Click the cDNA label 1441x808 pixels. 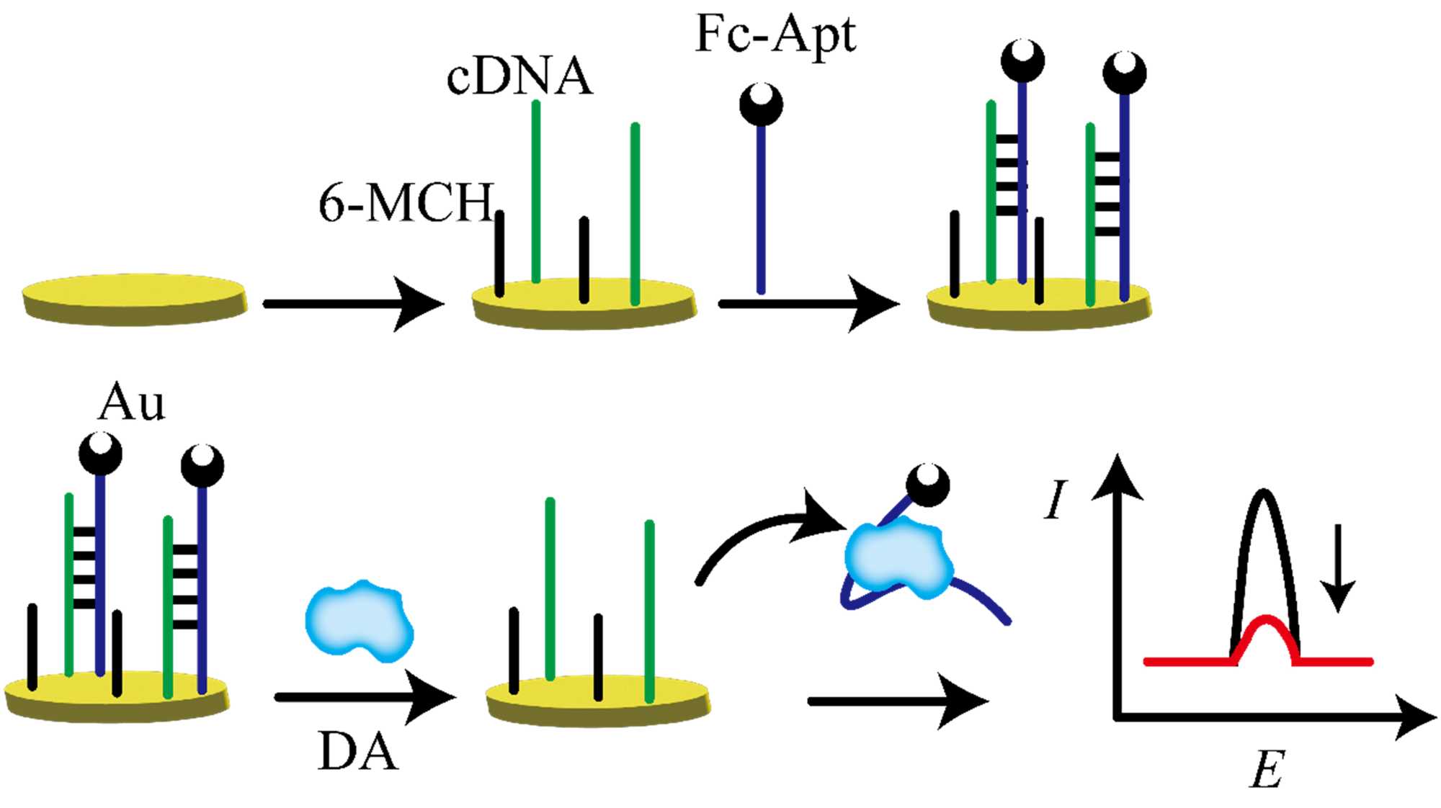point(519,77)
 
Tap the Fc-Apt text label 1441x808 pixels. point(775,34)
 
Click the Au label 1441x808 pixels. point(131,402)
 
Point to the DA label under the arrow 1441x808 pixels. point(357,753)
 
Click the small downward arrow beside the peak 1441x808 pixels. point(1339,569)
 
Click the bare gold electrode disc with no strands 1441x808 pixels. point(134,297)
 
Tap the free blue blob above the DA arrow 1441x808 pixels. point(359,621)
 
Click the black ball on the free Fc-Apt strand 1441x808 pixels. point(761,105)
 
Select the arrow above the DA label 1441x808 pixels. point(364,696)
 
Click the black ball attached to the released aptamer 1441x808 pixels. point(927,485)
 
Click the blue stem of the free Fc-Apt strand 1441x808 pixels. point(761,209)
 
